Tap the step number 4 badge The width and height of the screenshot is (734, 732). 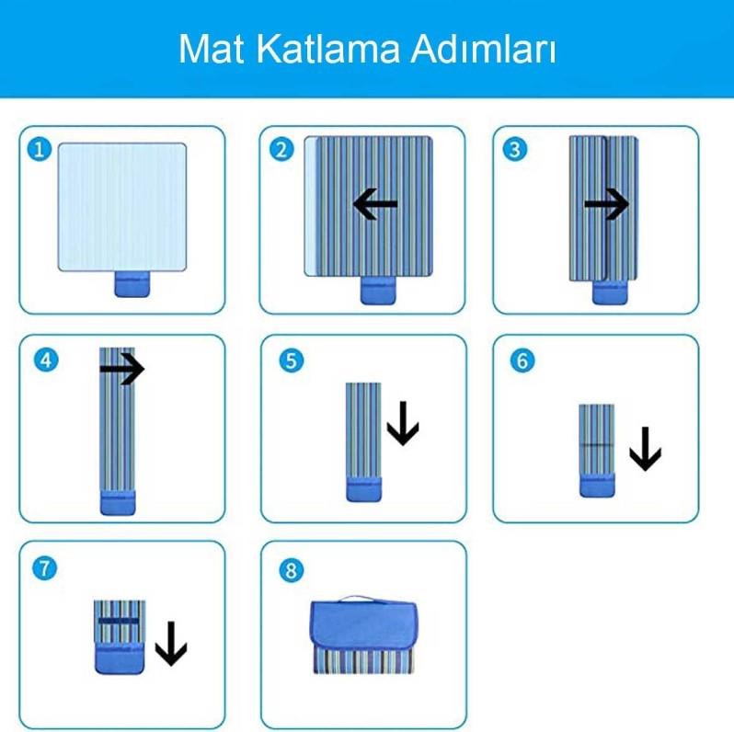pyautogui.click(x=44, y=360)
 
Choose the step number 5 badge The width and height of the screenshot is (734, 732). pyautogui.click(x=292, y=360)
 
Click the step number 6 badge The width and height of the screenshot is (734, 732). pyautogui.click(x=522, y=360)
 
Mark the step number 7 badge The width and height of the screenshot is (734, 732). pyautogui.click(x=44, y=568)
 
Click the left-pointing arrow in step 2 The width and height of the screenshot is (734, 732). pyautogui.click(x=375, y=205)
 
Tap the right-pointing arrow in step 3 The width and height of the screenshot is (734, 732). pyautogui.click(x=606, y=205)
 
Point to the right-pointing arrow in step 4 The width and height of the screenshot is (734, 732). pyautogui.click(x=122, y=370)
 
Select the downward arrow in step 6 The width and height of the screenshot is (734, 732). pyautogui.click(x=645, y=449)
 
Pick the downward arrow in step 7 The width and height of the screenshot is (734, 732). pyautogui.click(x=170, y=643)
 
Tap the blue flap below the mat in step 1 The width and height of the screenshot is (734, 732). pyautogui.click(x=132, y=285)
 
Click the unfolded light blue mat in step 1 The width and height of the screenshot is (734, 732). pyautogui.click(x=122, y=206)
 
